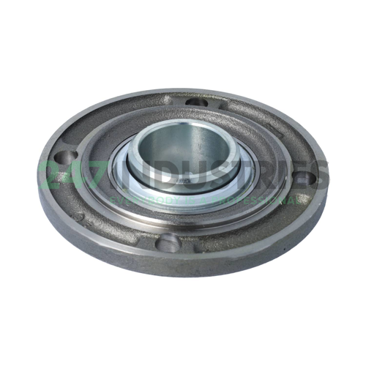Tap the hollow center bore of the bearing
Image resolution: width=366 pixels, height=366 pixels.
point(179,143)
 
